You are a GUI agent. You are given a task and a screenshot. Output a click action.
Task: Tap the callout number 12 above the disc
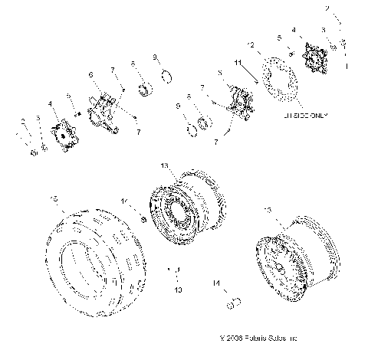pos(250,45)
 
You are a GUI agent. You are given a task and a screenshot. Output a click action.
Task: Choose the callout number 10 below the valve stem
pos(178,291)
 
